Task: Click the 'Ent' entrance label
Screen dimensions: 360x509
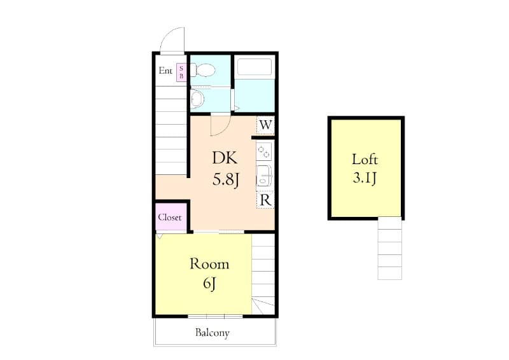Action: click(165, 71)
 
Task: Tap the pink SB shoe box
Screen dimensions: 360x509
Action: click(181, 72)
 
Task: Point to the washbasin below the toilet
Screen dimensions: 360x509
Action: click(197, 99)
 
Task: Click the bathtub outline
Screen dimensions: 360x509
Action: click(253, 67)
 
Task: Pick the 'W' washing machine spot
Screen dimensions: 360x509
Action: click(265, 125)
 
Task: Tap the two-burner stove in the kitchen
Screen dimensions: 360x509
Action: click(264, 151)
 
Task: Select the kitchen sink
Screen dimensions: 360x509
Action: click(264, 175)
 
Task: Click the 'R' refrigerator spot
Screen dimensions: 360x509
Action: click(265, 200)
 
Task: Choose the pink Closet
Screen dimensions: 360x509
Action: click(170, 217)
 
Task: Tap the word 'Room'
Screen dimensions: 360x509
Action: click(209, 264)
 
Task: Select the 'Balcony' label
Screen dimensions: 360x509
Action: click(213, 333)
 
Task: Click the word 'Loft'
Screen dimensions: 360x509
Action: click(365, 159)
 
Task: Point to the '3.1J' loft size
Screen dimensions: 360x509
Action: click(365, 178)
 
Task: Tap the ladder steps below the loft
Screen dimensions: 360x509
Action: click(389, 248)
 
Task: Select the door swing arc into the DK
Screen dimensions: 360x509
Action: click(220, 124)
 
